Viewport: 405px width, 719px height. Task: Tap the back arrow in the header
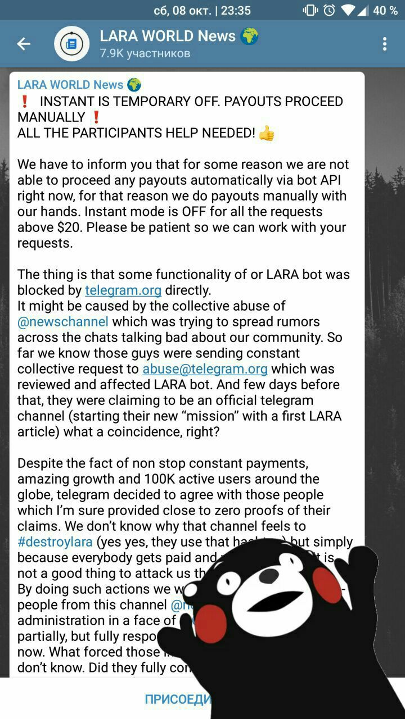(24, 44)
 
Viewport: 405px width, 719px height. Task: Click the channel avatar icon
(71, 44)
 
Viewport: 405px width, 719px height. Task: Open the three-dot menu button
(385, 44)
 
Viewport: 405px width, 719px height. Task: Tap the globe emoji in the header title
(249, 37)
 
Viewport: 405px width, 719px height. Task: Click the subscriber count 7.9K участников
(145, 54)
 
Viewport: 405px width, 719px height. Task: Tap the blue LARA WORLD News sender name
(70, 85)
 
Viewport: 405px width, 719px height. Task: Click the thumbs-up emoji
(267, 133)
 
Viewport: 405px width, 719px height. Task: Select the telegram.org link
(123, 290)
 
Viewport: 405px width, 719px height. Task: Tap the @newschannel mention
(63, 322)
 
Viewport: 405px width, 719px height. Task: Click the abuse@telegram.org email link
(205, 369)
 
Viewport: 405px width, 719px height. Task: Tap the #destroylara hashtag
(55, 542)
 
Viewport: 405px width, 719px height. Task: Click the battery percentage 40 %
(385, 10)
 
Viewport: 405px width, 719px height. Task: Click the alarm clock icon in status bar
(329, 10)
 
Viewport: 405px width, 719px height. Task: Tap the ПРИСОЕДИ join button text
(178, 699)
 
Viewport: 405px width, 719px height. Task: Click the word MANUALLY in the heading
(51, 117)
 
